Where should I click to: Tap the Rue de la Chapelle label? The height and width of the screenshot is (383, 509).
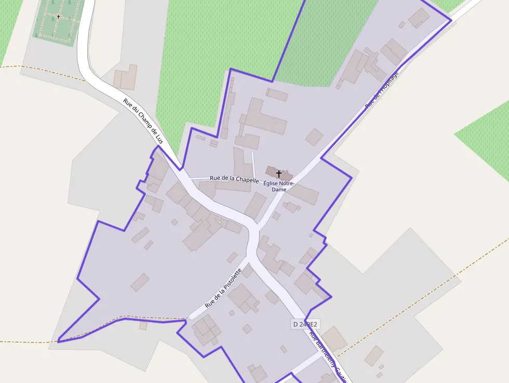pyautogui.click(x=234, y=179)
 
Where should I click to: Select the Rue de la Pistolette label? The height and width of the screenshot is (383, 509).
pyautogui.click(x=223, y=288)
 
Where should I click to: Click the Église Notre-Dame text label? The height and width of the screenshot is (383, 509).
pyautogui.click(x=279, y=186)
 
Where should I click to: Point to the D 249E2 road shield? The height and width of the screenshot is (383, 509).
pyautogui.click(x=304, y=324)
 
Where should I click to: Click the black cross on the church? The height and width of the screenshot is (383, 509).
pyautogui.click(x=279, y=174)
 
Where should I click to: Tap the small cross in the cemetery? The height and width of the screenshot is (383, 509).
pyautogui.click(x=58, y=17)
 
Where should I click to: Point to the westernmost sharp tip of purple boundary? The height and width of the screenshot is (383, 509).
pyautogui.click(x=58, y=342)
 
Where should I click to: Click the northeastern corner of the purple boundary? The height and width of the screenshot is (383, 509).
pyautogui.click(x=451, y=20)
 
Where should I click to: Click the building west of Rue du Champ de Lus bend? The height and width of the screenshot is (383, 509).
pyautogui.click(x=125, y=77)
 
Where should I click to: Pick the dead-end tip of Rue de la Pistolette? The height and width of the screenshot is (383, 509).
pyautogui.click(x=191, y=315)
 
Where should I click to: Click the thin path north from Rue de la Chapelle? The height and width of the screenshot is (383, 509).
pyautogui.click(x=253, y=164)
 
